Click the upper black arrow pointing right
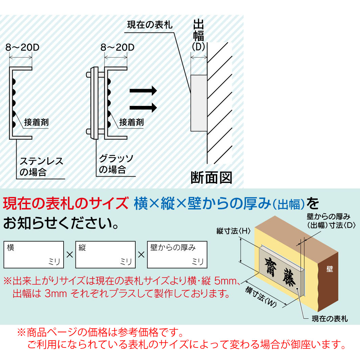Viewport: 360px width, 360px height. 143,90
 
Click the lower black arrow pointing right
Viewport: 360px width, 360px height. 143,108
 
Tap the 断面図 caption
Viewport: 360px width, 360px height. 211,178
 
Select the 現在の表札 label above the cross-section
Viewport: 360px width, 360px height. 150,25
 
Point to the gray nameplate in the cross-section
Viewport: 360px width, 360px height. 199,103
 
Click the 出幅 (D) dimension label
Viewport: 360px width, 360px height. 198,35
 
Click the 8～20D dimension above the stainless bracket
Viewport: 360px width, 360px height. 22,47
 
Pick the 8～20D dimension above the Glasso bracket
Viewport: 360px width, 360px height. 117,47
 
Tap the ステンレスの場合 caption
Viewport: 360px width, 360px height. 41,166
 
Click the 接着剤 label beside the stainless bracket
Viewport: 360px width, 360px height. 36,122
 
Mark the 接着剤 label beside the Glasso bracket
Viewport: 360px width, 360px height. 131,122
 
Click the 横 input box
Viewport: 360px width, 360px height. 34,255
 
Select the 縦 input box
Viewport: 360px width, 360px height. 105,255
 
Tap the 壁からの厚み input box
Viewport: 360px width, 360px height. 177,255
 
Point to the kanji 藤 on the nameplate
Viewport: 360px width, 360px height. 289,277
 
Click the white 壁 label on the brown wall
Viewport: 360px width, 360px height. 330,269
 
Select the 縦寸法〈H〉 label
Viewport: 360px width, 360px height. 233,231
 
